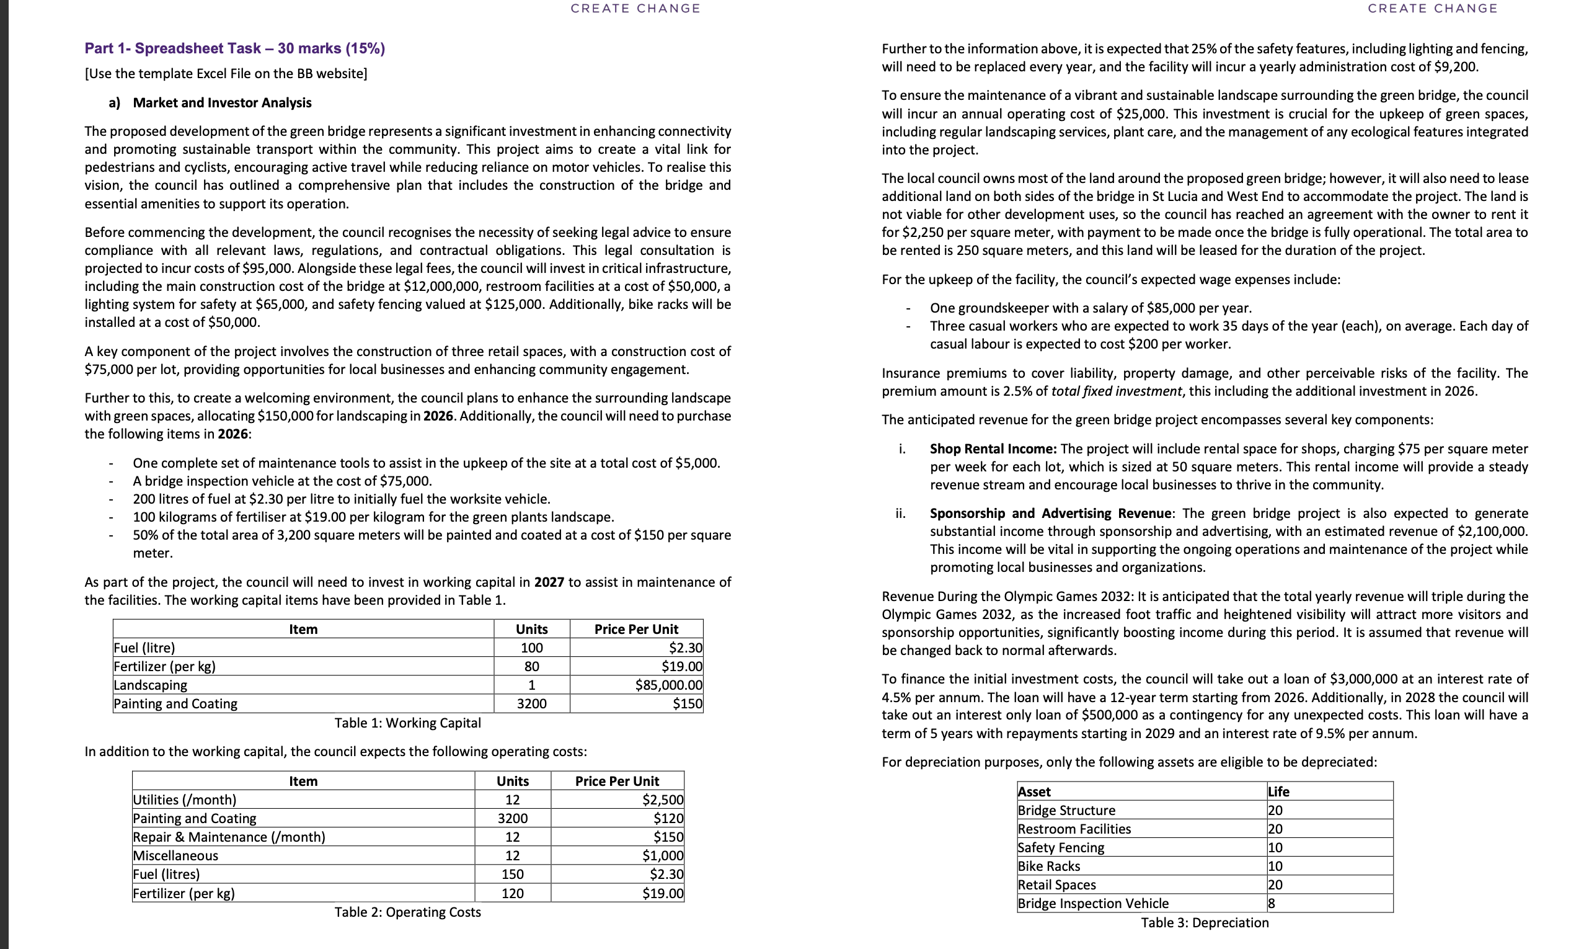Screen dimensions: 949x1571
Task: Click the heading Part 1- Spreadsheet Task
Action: (x=234, y=48)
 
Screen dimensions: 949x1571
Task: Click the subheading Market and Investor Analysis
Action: (x=222, y=103)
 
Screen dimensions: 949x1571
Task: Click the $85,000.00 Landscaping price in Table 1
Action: (x=669, y=685)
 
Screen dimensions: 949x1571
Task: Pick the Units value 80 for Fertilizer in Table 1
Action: (x=531, y=666)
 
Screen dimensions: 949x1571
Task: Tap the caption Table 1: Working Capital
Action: (x=407, y=723)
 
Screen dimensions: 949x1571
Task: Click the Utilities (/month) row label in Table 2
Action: (x=184, y=800)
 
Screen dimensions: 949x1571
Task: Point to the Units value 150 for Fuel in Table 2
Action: (x=512, y=875)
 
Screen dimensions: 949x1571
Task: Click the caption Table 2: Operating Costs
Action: (x=407, y=912)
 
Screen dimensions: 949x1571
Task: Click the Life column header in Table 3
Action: (x=1278, y=791)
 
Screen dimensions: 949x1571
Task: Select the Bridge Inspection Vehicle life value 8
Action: (x=1272, y=903)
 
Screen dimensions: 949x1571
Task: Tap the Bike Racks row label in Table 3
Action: (x=1049, y=866)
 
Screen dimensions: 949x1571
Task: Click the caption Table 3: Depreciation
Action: (x=1205, y=922)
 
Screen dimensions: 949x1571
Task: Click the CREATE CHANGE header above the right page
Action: (x=1433, y=8)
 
